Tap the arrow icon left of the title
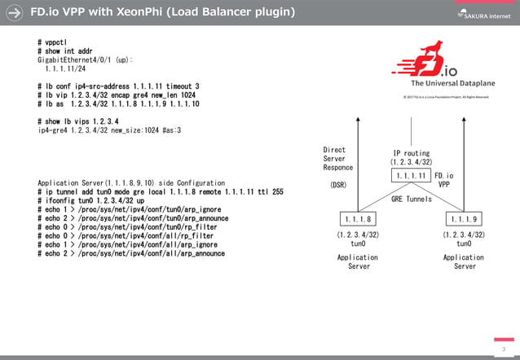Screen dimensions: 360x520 click(x=14, y=14)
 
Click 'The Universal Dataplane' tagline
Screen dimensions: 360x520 click(x=449, y=83)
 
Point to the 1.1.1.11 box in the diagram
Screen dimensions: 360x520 click(x=410, y=176)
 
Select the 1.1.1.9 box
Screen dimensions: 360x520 click(x=464, y=218)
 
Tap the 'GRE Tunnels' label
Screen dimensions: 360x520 click(x=412, y=199)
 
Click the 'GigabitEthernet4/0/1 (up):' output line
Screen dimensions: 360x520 click(x=86, y=60)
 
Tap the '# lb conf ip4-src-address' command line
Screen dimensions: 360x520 click(x=118, y=86)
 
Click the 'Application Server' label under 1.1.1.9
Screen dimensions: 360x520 click(x=465, y=261)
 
